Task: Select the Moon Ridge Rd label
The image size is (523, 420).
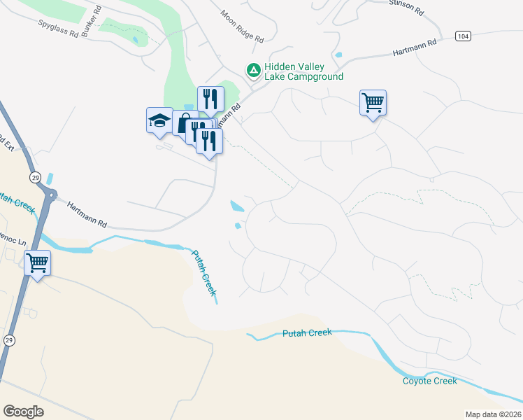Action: (x=242, y=25)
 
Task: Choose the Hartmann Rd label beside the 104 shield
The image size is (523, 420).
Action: (x=414, y=47)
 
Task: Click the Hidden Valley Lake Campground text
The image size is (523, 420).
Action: (x=303, y=71)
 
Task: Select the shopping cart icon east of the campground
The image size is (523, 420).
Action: (x=373, y=102)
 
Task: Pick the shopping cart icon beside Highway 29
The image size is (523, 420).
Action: (x=37, y=263)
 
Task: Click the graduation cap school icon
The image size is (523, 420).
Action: (x=159, y=120)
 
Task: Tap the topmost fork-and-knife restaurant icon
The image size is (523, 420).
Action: (x=210, y=99)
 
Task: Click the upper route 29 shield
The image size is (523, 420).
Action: (x=35, y=177)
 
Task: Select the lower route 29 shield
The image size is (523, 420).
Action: (x=8, y=339)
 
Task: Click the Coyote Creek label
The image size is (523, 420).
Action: (x=430, y=381)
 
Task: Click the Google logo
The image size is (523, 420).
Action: (x=23, y=412)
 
